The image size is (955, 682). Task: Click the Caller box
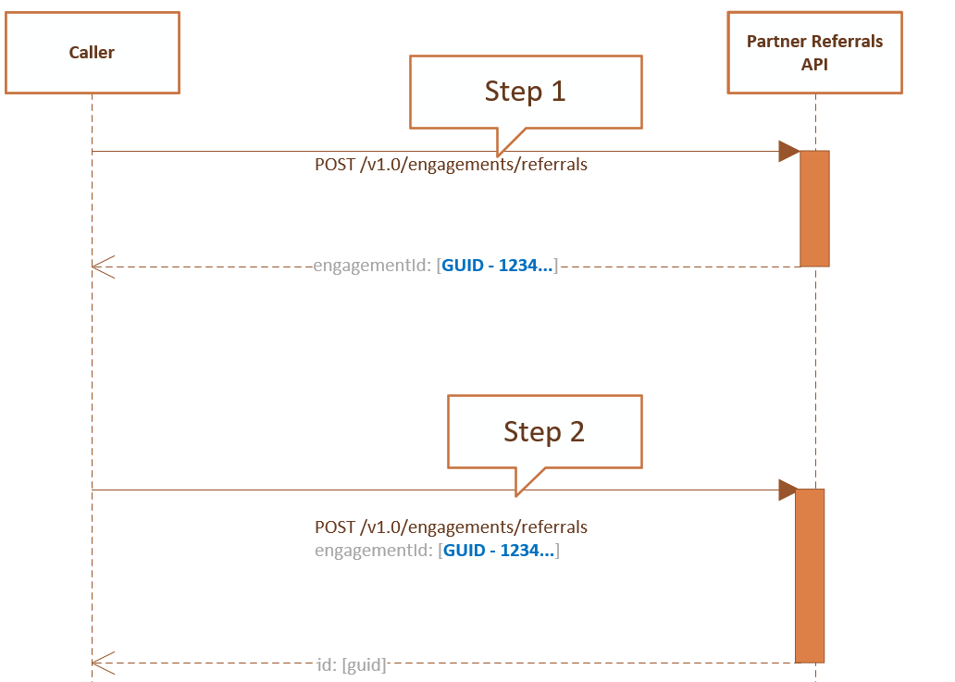(x=92, y=53)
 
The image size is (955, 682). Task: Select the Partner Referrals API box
(x=814, y=53)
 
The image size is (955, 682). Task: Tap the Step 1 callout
(x=525, y=92)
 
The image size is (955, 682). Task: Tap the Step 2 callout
(x=544, y=431)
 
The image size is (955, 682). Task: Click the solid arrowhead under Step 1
(x=788, y=151)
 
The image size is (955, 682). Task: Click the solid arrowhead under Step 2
(x=788, y=490)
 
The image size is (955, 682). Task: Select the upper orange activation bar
(x=814, y=208)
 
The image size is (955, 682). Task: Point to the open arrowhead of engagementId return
(x=101, y=267)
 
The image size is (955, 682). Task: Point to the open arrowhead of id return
(x=101, y=663)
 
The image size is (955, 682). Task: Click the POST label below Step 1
(x=451, y=166)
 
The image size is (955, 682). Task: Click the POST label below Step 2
(x=451, y=527)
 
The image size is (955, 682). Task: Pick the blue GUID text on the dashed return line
(x=498, y=267)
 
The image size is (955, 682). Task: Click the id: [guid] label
(x=351, y=663)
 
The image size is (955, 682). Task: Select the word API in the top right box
(x=814, y=65)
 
